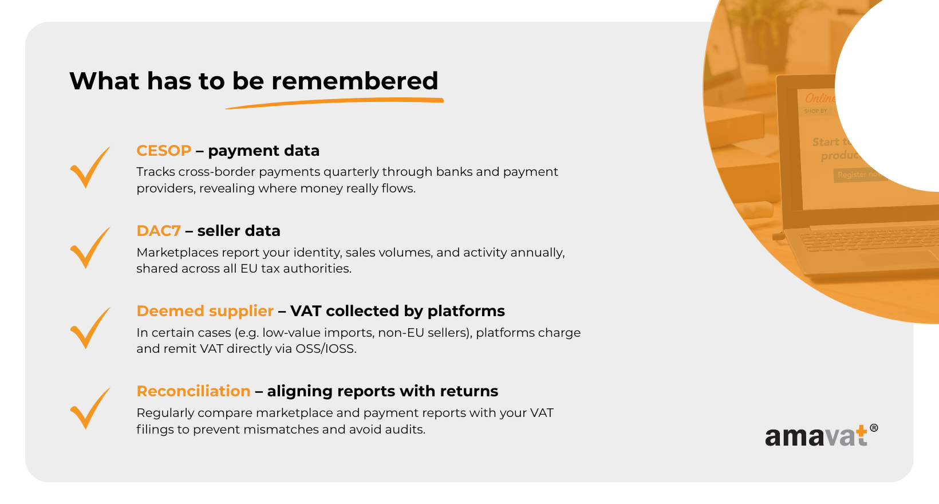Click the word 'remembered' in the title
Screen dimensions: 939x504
pos(354,81)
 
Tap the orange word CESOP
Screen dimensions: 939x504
pos(164,151)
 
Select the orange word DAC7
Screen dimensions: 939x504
pos(159,231)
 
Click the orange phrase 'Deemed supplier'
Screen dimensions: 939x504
pos(205,311)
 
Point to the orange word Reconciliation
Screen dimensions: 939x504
pos(194,391)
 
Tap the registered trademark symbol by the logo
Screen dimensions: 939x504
pos(874,428)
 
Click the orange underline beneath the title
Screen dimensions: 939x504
pos(334,103)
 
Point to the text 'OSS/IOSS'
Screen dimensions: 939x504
pos(325,349)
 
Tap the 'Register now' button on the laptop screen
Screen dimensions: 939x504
pos(859,175)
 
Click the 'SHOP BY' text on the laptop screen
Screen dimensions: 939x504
pos(816,111)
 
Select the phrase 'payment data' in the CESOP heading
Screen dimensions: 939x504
pos(264,151)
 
